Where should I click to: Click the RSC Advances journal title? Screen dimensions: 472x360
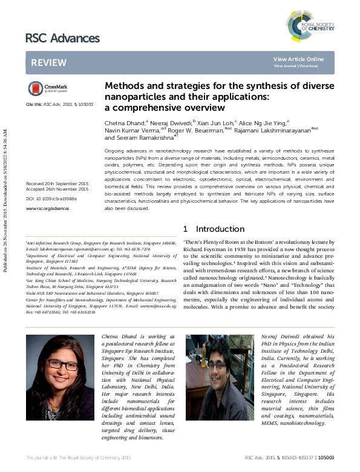point(62,38)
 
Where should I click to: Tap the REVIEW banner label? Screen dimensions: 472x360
point(45,62)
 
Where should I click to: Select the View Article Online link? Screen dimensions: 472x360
point(298,59)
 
